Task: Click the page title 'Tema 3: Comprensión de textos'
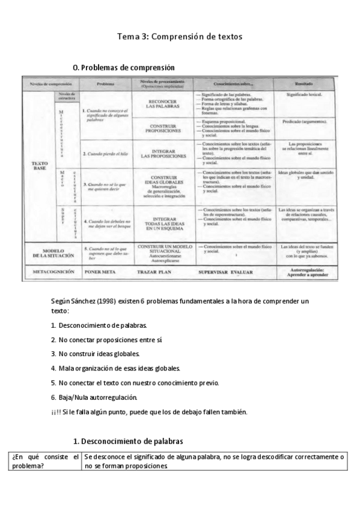click(180, 37)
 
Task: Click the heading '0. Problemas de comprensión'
click(123, 68)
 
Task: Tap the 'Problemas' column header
click(106, 84)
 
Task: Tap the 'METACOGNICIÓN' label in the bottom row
click(50, 272)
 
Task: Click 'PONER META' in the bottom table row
click(105, 272)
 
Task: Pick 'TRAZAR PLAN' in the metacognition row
click(163, 272)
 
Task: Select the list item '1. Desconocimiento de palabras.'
click(99, 325)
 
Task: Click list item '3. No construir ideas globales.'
click(95, 354)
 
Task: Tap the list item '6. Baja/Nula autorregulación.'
click(94, 397)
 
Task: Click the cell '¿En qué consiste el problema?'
click(45, 462)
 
